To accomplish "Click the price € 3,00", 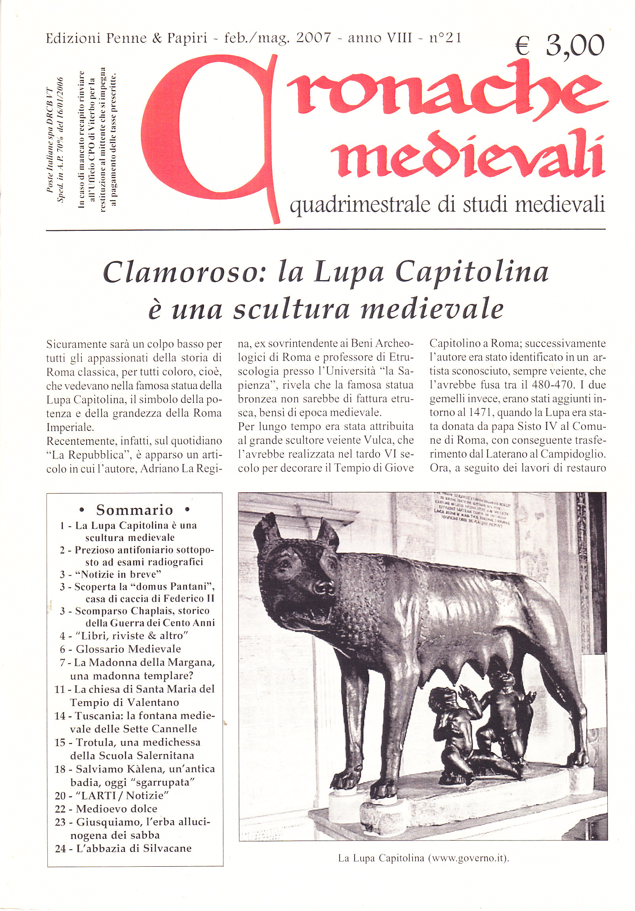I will click(x=560, y=46).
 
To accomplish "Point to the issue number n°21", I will click(x=445, y=38).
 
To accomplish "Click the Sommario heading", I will click(x=134, y=510).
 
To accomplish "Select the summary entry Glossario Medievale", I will click(x=128, y=649).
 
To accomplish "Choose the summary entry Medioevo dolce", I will click(x=116, y=809).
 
